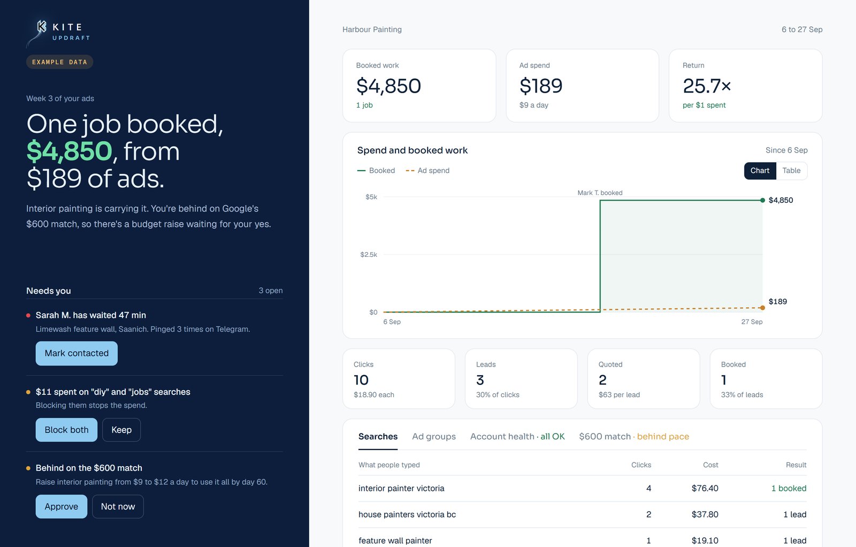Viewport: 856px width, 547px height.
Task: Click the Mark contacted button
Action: coord(77,353)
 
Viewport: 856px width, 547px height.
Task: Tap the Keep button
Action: coord(121,430)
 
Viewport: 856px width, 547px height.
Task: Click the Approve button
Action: coord(61,506)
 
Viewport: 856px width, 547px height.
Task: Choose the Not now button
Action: coord(118,506)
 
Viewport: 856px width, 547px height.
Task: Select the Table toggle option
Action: coord(791,171)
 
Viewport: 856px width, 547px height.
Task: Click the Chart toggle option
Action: coord(760,171)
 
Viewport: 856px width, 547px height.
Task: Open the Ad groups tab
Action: coord(434,437)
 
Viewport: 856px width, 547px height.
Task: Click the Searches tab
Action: coord(378,437)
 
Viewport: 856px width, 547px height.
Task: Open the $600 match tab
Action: coord(634,437)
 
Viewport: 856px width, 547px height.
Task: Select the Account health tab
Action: coord(517,437)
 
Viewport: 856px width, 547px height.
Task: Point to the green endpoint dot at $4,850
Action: coord(762,200)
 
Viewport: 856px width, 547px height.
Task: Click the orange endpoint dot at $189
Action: coord(762,308)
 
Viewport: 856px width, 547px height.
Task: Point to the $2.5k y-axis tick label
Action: coord(369,255)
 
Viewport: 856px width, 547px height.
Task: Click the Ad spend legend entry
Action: coord(427,171)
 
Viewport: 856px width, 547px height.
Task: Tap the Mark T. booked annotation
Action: coord(600,193)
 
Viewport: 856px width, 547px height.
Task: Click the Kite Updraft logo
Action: coord(58,33)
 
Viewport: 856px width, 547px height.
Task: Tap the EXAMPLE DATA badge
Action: coord(59,62)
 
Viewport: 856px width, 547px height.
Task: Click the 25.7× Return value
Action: coord(707,86)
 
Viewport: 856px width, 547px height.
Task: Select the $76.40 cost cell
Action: coord(705,488)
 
